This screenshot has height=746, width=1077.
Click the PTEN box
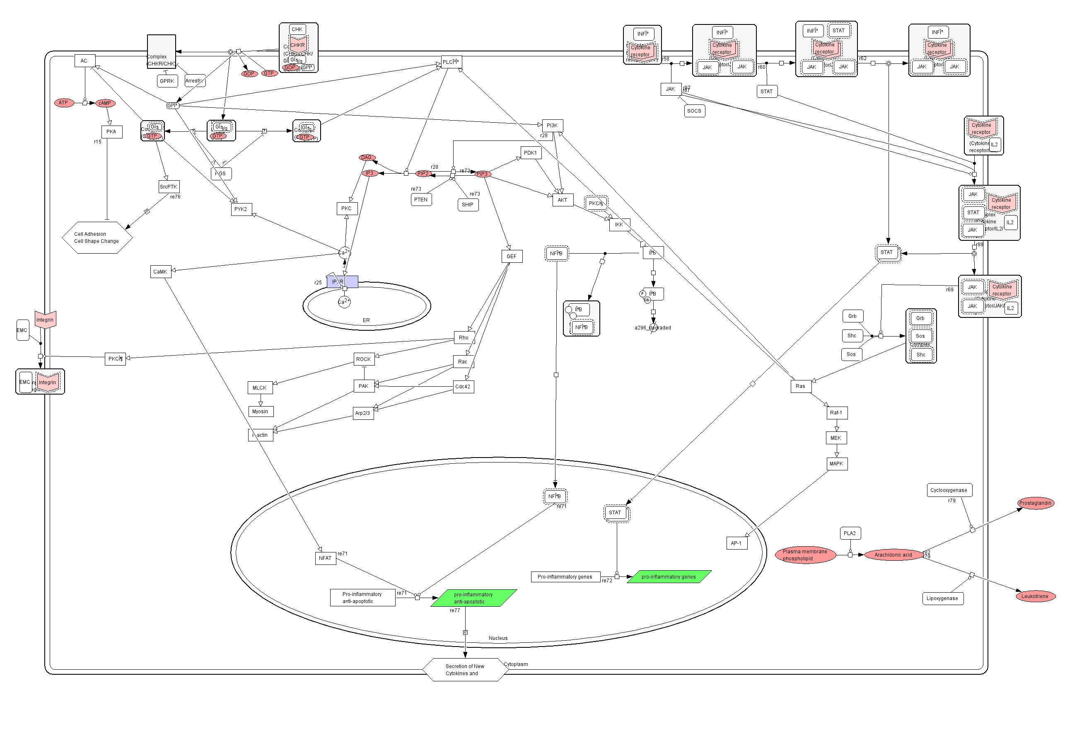421,200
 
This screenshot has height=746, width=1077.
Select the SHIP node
468,205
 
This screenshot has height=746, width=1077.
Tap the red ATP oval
63,103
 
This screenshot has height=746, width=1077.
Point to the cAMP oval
105,103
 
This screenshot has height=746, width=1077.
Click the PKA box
111,132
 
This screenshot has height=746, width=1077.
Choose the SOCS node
694,111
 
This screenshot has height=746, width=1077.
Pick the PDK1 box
531,153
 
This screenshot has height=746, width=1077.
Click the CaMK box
160,271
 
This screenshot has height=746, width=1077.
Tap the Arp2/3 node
363,413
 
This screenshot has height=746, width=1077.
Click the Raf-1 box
836,413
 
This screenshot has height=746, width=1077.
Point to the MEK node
836,438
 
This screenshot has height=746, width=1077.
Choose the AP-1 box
737,543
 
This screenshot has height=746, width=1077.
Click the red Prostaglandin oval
1036,504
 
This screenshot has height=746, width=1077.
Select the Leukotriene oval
1035,596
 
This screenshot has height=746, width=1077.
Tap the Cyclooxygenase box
949,490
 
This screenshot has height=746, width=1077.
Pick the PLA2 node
850,533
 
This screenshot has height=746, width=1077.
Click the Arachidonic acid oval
893,555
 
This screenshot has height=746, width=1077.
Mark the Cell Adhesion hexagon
97,238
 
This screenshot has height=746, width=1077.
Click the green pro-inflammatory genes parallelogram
669,577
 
